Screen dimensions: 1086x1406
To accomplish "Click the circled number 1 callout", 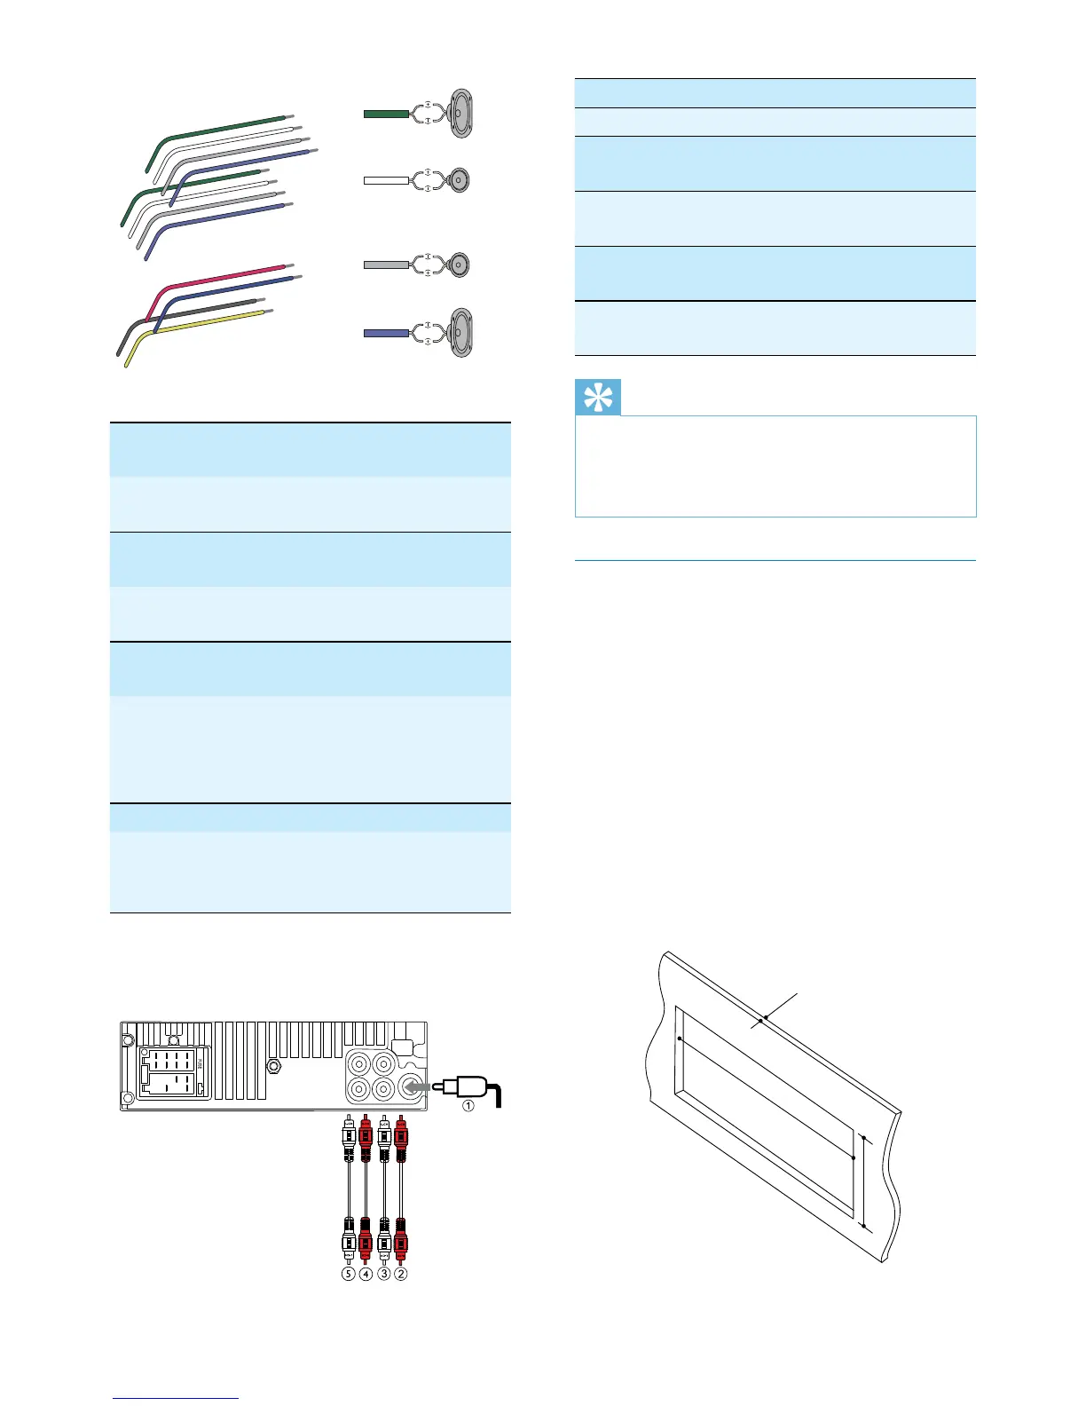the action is (468, 1105).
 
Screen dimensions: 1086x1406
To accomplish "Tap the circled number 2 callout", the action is (401, 1273).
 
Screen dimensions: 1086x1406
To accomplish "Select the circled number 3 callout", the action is (383, 1273).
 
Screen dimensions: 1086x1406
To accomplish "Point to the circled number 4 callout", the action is (366, 1273).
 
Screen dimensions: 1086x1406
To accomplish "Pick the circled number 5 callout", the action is (348, 1273).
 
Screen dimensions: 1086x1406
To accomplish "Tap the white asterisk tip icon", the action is (598, 398).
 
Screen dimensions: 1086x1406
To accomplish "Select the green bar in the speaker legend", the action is (386, 114).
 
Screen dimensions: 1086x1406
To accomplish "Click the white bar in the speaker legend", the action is (386, 180).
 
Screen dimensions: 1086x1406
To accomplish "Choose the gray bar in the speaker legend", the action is (386, 265).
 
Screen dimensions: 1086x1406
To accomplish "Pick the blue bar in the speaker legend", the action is (386, 334).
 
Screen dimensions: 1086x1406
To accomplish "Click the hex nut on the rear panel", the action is (274, 1064).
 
